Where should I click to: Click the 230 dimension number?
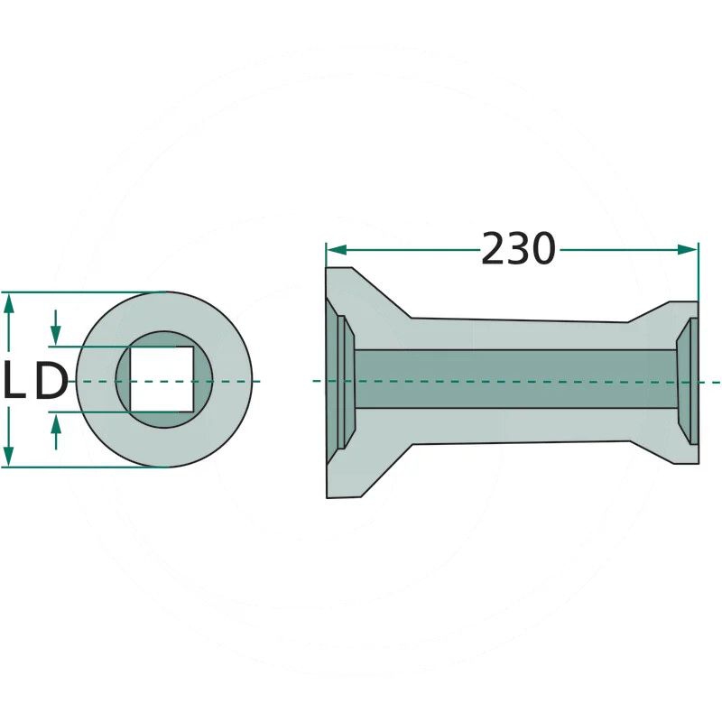(x=518, y=249)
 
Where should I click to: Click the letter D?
(x=51, y=380)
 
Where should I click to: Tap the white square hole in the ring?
(x=162, y=379)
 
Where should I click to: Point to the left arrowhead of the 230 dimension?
(x=336, y=250)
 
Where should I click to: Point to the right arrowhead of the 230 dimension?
(x=688, y=250)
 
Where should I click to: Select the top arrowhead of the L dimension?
(x=9, y=303)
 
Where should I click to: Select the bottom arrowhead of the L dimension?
(x=9, y=456)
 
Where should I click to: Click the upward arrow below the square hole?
(x=56, y=431)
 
